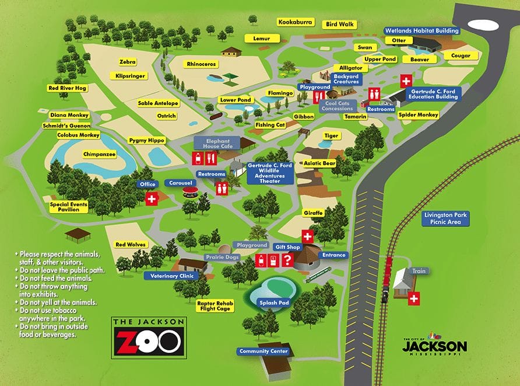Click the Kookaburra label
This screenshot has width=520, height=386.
click(296, 22)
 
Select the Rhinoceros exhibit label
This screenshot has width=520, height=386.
click(201, 64)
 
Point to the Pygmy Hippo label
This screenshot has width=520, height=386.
click(147, 141)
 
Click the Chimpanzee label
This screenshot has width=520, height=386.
click(100, 154)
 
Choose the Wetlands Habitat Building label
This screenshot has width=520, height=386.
click(421, 30)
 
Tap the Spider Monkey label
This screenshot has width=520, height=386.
click(418, 115)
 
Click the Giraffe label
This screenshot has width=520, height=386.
click(313, 213)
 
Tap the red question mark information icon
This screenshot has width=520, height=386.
click(287, 261)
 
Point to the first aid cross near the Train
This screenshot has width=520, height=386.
click(414, 299)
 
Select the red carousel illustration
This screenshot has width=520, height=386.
click(188, 192)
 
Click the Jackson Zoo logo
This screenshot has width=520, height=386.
click(148, 338)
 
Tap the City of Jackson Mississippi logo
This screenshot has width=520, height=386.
click(434, 345)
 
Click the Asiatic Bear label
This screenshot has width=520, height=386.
click(319, 164)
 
